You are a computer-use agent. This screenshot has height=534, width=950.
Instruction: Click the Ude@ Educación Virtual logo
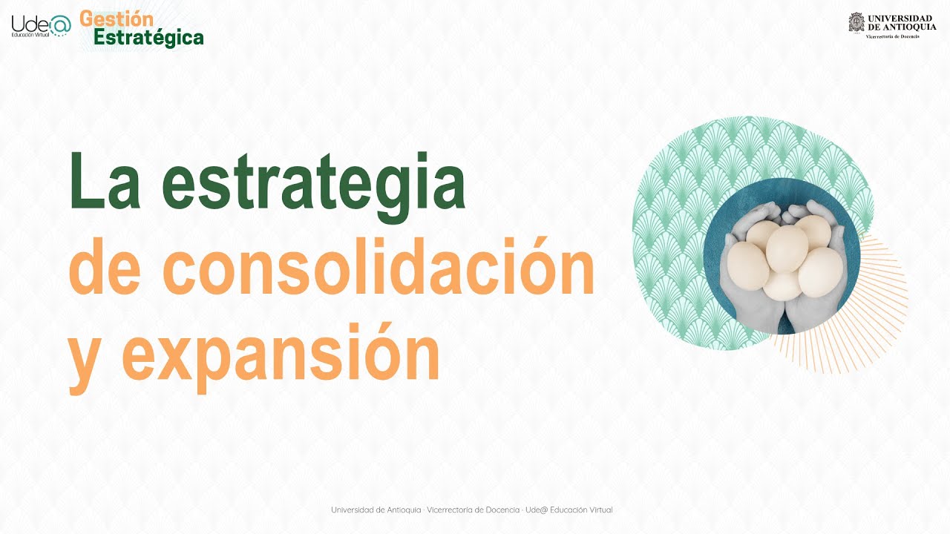(x=41, y=26)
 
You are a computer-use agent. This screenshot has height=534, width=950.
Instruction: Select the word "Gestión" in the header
(x=117, y=19)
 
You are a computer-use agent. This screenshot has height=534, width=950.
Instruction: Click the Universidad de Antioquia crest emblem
(x=856, y=22)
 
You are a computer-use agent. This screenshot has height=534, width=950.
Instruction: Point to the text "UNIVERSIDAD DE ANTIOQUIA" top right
(x=901, y=22)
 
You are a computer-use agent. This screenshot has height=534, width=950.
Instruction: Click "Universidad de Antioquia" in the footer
(x=376, y=510)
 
